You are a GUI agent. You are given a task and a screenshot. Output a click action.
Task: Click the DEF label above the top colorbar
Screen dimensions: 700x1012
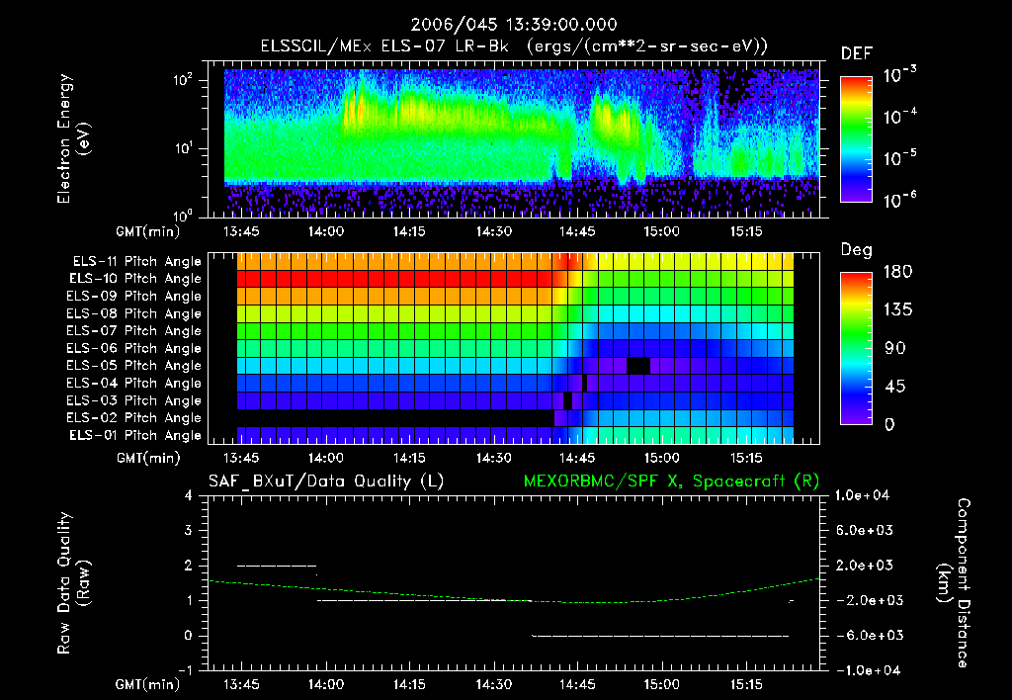(856, 53)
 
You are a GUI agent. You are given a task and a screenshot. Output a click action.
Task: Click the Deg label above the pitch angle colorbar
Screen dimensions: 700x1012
(856, 250)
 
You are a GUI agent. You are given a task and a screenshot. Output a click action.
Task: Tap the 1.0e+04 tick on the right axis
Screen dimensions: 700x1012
(865, 494)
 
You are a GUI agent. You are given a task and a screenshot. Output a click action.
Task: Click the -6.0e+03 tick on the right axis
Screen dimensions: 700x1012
(865, 635)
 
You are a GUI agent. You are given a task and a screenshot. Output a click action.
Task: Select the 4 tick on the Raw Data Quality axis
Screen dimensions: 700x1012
(192, 495)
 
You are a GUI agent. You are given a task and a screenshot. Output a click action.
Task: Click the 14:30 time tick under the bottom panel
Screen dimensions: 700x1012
(493, 684)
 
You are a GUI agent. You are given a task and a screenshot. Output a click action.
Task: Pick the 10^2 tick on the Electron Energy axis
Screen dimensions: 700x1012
(185, 81)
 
